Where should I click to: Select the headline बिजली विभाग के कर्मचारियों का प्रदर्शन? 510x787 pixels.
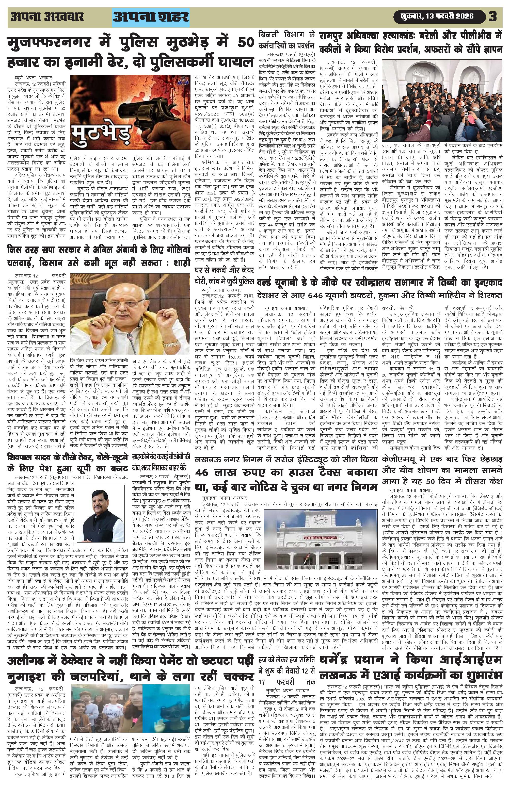click(x=287, y=39)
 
